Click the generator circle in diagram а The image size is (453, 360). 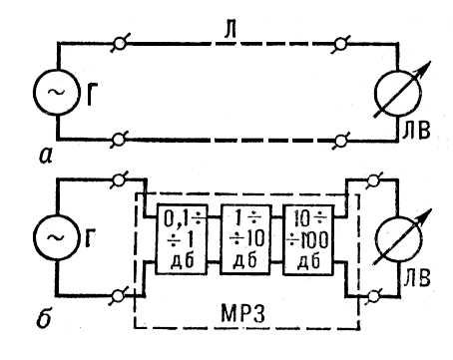click(x=34, y=92)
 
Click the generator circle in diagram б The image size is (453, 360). click(x=34, y=236)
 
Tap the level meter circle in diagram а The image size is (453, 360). click(x=375, y=94)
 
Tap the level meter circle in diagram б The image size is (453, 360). click(x=375, y=240)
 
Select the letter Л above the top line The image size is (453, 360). click(x=230, y=30)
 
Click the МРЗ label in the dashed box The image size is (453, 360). click(x=243, y=313)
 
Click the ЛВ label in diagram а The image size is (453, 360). click(x=416, y=131)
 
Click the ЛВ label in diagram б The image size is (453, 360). click(x=416, y=278)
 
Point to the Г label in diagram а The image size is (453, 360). click(x=93, y=94)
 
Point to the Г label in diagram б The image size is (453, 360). click(x=91, y=237)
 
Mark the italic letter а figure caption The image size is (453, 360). click(x=46, y=156)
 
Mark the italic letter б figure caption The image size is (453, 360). click(x=44, y=318)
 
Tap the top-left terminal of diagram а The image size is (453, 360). click(x=120, y=43)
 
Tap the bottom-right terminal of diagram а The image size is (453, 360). click(x=340, y=141)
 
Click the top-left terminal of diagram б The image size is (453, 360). click(x=119, y=180)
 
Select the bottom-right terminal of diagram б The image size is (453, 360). click(x=374, y=296)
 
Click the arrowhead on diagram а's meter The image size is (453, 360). click(x=425, y=68)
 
